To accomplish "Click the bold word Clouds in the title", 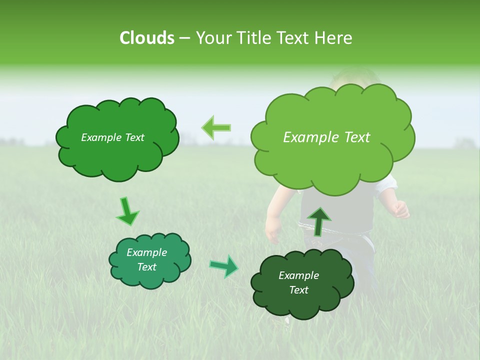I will [146, 38].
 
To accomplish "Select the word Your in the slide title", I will [213, 38].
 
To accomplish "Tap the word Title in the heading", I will [253, 38].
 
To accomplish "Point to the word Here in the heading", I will [333, 38].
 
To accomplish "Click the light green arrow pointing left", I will [216, 128].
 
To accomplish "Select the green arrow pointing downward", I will [127, 211].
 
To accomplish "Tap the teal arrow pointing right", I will [224, 266].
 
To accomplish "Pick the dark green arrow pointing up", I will [318, 221].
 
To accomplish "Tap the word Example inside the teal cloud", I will [146, 252].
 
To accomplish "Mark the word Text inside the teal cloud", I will [146, 267].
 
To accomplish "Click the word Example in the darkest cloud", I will [298, 275].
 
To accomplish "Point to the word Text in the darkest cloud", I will [298, 290].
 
